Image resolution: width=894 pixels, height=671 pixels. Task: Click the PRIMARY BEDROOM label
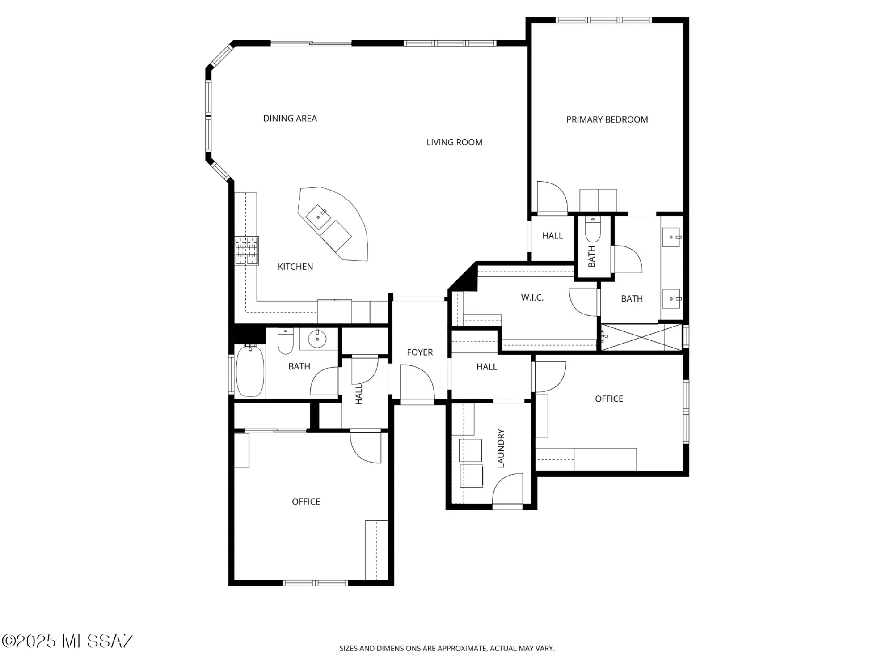coord(607,119)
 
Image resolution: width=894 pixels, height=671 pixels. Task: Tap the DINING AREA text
coord(290,119)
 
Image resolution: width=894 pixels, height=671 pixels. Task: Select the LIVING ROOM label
coord(454,142)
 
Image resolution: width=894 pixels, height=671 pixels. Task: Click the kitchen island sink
coord(318,217)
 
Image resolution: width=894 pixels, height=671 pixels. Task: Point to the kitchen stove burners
coord(247,251)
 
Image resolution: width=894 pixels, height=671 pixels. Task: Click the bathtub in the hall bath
coord(250,370)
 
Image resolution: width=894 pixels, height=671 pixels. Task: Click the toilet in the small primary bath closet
coord(593,229)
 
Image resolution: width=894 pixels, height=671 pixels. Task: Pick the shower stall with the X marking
coord(641,337)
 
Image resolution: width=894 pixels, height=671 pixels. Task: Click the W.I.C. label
coord(532,297)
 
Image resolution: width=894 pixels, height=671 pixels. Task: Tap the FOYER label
coord(419,352)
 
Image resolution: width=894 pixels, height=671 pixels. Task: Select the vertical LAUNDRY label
coord(501,448)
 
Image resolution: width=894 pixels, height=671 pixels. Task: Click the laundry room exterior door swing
coord(508,489)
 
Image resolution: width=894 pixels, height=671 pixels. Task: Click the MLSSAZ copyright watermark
coord(67,641)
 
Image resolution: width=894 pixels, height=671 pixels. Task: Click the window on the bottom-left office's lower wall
coord(315,583)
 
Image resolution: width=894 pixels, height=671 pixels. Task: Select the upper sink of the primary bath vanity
coord(671,238)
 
